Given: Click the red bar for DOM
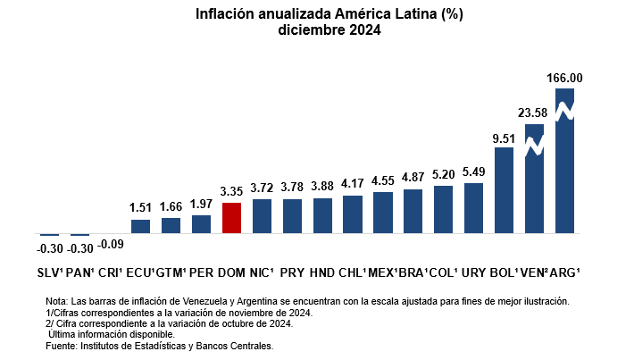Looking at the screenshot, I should pyautogui.click(x=231, y=218).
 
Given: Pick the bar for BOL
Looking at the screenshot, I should pyautogui.click(x=504, y=190).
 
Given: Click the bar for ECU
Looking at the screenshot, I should pyautogui.click(x=140, y=226).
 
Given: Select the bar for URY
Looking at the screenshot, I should pyautogui.click(x=473, y=208).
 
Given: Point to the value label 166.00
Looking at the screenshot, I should pyautogui.click(x=564, y=79).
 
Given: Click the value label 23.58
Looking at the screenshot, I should pyautogui.click(x=534, y=113).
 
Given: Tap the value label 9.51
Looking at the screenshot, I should pyautogui.click(x=504, y=138).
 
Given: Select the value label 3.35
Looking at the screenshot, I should pyautogui.click(x=231, y=192).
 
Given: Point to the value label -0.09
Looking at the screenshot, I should pyautogui.click(x=111, y=243).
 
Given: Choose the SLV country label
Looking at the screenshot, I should pyautogui.click(x=49, y=272).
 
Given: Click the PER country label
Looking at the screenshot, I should pyautogui.click(x=201, y=272).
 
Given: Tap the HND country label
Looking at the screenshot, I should pyautogui.click(x=322, y=272).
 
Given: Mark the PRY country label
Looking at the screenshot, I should pyautogui.click(x=292, y=272).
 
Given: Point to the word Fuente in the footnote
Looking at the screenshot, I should pyautogui.click(x=62, y=345).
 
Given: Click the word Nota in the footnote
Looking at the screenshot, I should pyautogui.click(x=55, y=303).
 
